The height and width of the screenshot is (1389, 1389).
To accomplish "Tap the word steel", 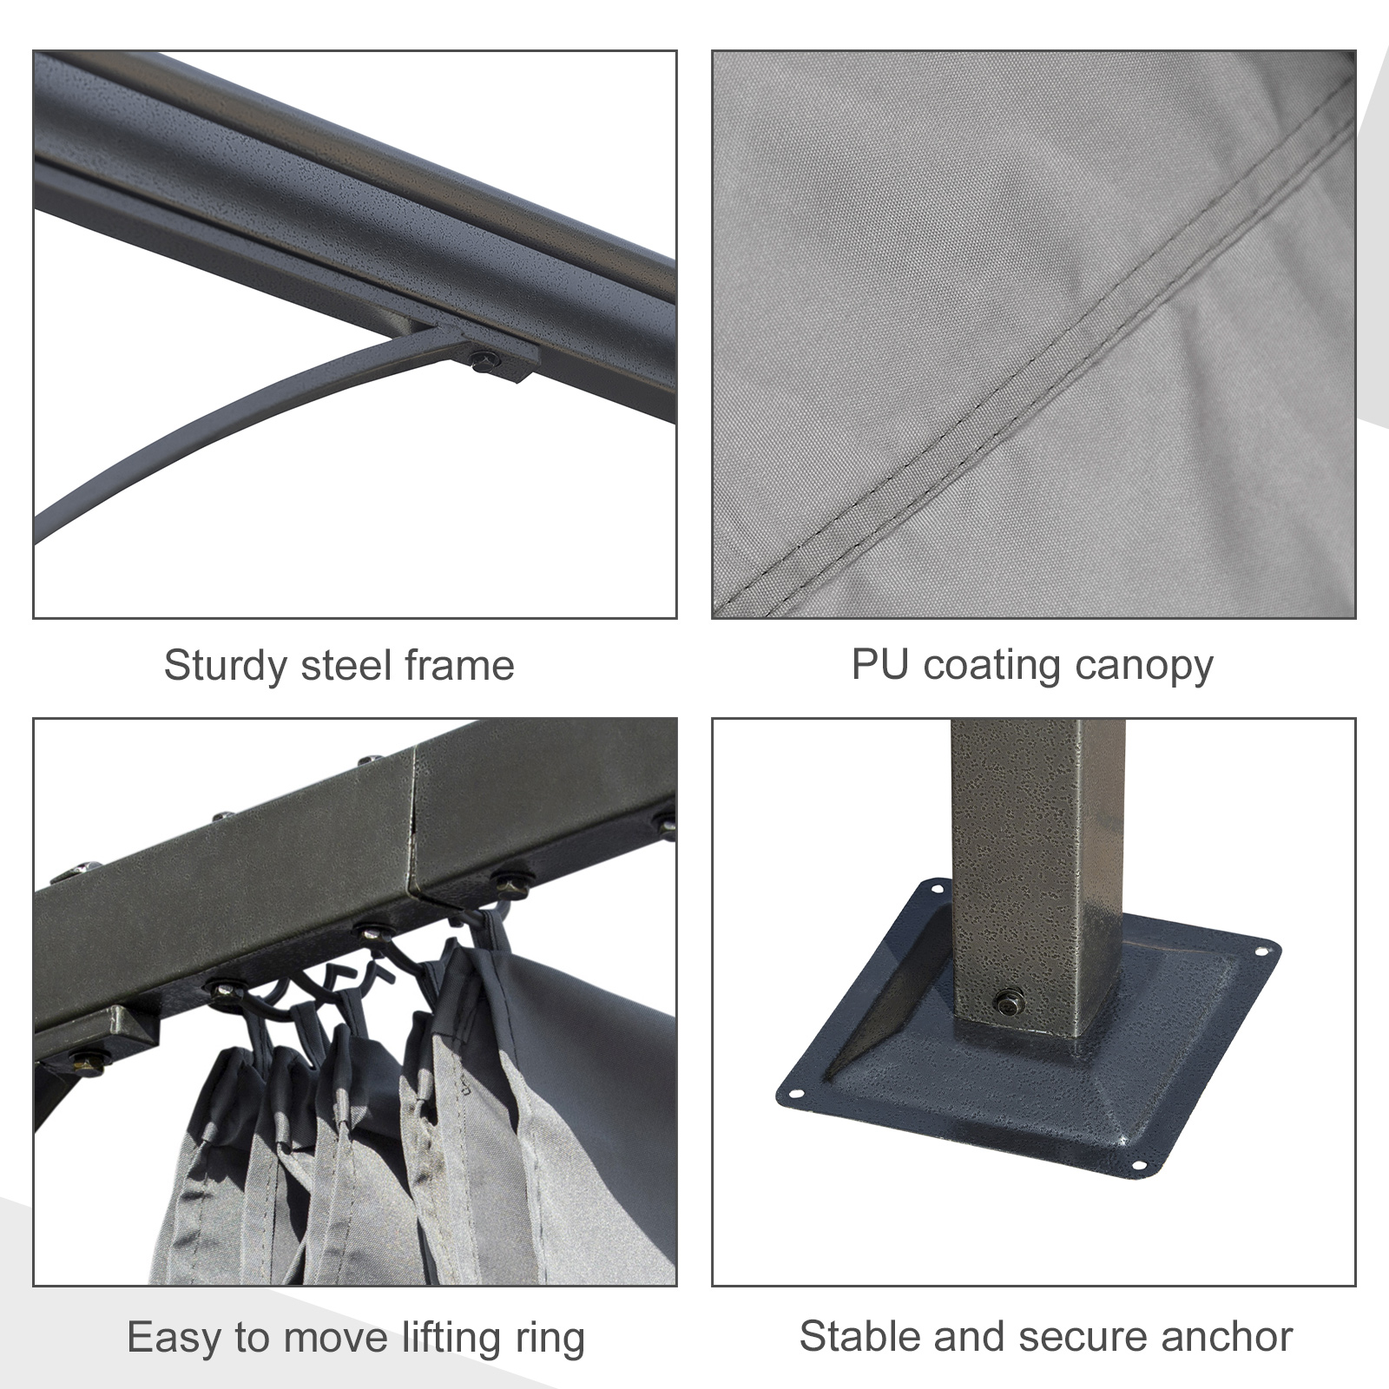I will (346, 667).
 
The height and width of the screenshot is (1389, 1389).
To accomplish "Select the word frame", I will (459, 667).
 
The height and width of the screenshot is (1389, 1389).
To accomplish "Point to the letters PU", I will (880, 665).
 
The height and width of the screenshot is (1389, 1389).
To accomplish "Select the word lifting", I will (451, 1338).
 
